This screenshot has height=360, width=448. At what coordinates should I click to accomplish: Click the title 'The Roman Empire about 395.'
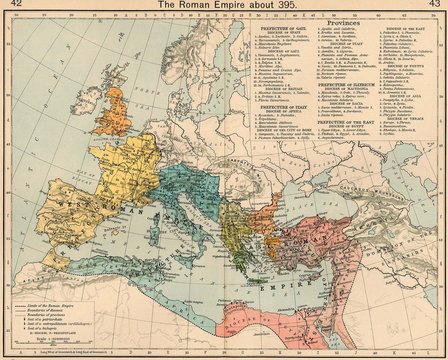(224, 6)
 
